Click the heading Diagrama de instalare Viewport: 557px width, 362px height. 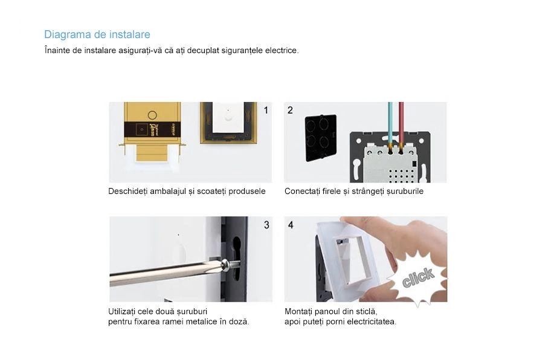[x=97, y=34]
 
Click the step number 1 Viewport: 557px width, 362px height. [x=266, y=110]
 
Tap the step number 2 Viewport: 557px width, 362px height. [x=291, y=110]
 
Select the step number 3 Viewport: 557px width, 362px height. [x=266, y=225]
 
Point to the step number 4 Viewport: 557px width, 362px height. [x=291, y=225]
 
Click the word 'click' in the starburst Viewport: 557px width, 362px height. [x=417, y=278]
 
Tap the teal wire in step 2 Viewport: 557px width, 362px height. [x=390, y=124]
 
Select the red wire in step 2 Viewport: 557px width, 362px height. [x=401, y=124]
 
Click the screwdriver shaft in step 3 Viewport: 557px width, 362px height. [x=163, y=270]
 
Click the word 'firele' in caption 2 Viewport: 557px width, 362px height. [x=335, y=192]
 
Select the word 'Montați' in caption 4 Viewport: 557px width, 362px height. [x=300, y=311]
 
